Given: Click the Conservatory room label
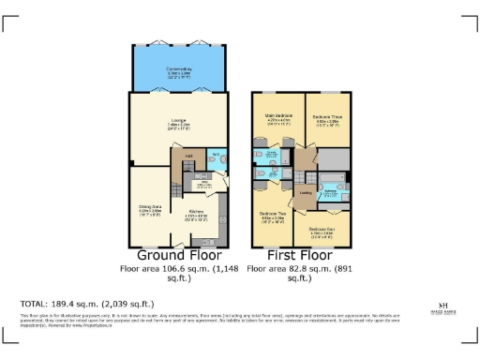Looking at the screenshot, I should coord(179,70).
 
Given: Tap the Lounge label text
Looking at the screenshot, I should coord(179,121).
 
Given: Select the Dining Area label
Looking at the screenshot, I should coord(151,211).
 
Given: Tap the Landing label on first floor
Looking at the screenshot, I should coord(305,193).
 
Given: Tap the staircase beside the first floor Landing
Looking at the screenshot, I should coord(305,173).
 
